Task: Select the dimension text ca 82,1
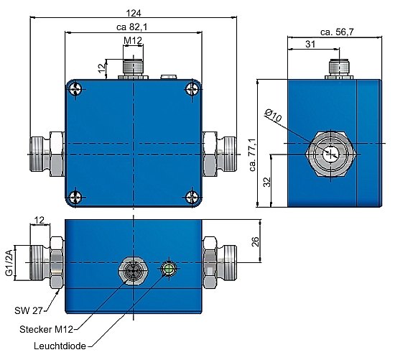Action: [131, 27]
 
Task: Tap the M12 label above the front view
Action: [131, 41]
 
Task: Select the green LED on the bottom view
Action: [169, 269]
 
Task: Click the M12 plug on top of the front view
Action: [132, 68]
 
